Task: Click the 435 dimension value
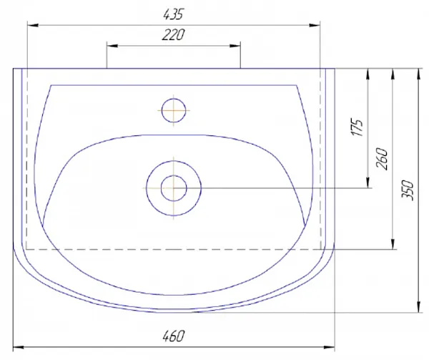[x=173, y=14]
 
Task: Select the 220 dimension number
[x=174, y=35]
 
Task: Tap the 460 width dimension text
[x=174, y=336]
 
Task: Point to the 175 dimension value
[x=357, y=127]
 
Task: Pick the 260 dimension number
[x=382, y=159]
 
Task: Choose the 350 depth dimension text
[x=407, y=190]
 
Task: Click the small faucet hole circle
[x=174, y=110]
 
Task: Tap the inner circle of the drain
[x=174, y=188]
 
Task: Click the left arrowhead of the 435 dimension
[x=33, y=25]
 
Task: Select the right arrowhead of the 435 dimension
[x=315, y=25]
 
